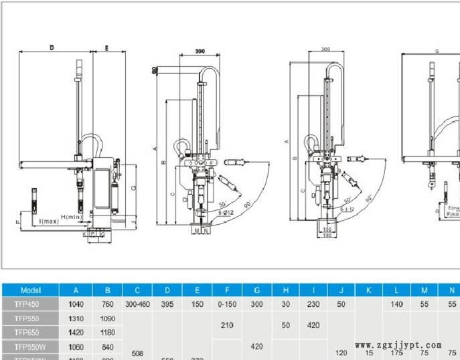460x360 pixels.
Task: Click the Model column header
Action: pyautogui.click(x=31, y=290)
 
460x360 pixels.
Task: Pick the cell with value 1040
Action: pyautogui.click(x=76, y=304)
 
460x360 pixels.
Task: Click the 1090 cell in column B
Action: pyautogui.click(x=106, y=319)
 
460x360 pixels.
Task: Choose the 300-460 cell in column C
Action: pyautogui.click(x=137, y=304)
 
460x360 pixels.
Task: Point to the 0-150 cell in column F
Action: pyautogui.click(x=228, y=304)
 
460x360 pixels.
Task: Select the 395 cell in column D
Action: pyautogui.click(x=167, y=304)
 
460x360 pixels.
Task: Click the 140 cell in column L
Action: pyautogui.click(x=397, y=304)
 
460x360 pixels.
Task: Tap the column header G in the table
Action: pyautogui.click(x=256, y=290)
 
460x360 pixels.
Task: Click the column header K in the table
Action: pyautogui.click(x=368, y=290)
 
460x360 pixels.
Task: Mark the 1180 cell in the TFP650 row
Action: pyautogui.click(x=106, y=333)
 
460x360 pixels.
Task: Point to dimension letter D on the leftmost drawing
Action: pyautogui.click(x=52, y=48)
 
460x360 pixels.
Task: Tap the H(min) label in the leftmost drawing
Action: pyautogui.click(x=71, y=217)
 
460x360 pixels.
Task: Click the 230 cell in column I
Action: pyautogui.click(x=313, y=304)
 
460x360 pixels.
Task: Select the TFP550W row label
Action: pyautogui.click(x=31, y=347)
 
